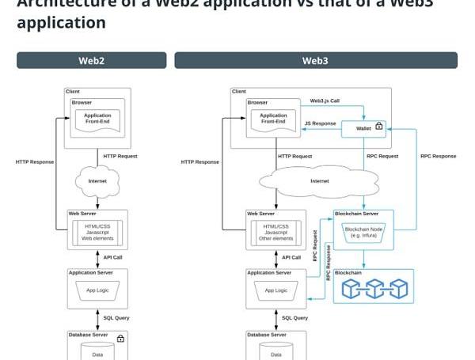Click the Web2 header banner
[91, 60]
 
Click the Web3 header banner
[315, 60]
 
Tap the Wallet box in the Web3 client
[364, 127]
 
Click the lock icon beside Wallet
[379, 126]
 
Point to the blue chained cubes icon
[374, 289]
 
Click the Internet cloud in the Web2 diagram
[97, 181]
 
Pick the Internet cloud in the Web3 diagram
[319, 181]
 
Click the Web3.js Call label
[325, 101]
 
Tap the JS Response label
[320, 123]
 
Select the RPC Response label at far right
[438, 156]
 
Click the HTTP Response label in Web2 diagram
[35, 162]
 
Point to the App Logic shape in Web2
[97, 290]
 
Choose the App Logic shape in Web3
[276, 290]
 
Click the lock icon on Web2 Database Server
[120, 339]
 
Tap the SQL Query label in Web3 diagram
[295, 318]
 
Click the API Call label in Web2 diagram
[113, 257]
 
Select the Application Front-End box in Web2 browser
[97, 119]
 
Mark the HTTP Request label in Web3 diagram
[294, 156]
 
